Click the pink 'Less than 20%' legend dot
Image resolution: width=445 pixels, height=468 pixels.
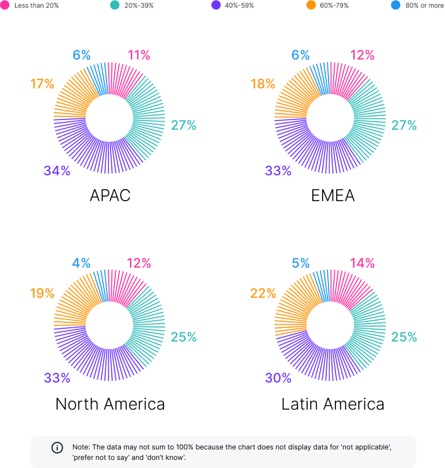click(x=5, y=5)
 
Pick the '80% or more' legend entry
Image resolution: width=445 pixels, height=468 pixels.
click(x=421, y=5)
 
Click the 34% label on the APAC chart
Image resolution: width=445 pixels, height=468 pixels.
click(x=57, y=170)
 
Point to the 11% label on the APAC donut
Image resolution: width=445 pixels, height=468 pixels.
click(x=138, y=56)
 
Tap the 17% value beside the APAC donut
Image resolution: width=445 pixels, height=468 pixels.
click(x=42, y=84)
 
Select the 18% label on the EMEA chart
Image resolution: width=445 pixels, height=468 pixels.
click(x=262, y=84)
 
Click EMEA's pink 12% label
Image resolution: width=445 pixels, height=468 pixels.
click(x=362, y=56)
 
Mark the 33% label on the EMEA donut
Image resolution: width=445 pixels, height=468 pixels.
click(x=278, y=170)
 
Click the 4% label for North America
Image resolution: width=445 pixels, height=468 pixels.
click(x=81, y=263)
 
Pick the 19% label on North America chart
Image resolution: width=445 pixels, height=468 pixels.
click(x=42, y=293)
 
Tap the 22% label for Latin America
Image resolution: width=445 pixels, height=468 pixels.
click(x=263, y=293)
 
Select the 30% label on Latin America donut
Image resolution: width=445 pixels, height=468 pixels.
click(x=278, y=378)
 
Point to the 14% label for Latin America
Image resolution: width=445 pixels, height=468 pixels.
click(x=362, y=263)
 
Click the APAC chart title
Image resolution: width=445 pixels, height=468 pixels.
click(x=110, y=195)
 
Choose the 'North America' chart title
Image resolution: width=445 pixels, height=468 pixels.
click(x=110, y=404)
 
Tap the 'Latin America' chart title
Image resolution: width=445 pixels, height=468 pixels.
click(x=333, y=404)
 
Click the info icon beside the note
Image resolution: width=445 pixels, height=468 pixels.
click(x=57, y=448)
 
